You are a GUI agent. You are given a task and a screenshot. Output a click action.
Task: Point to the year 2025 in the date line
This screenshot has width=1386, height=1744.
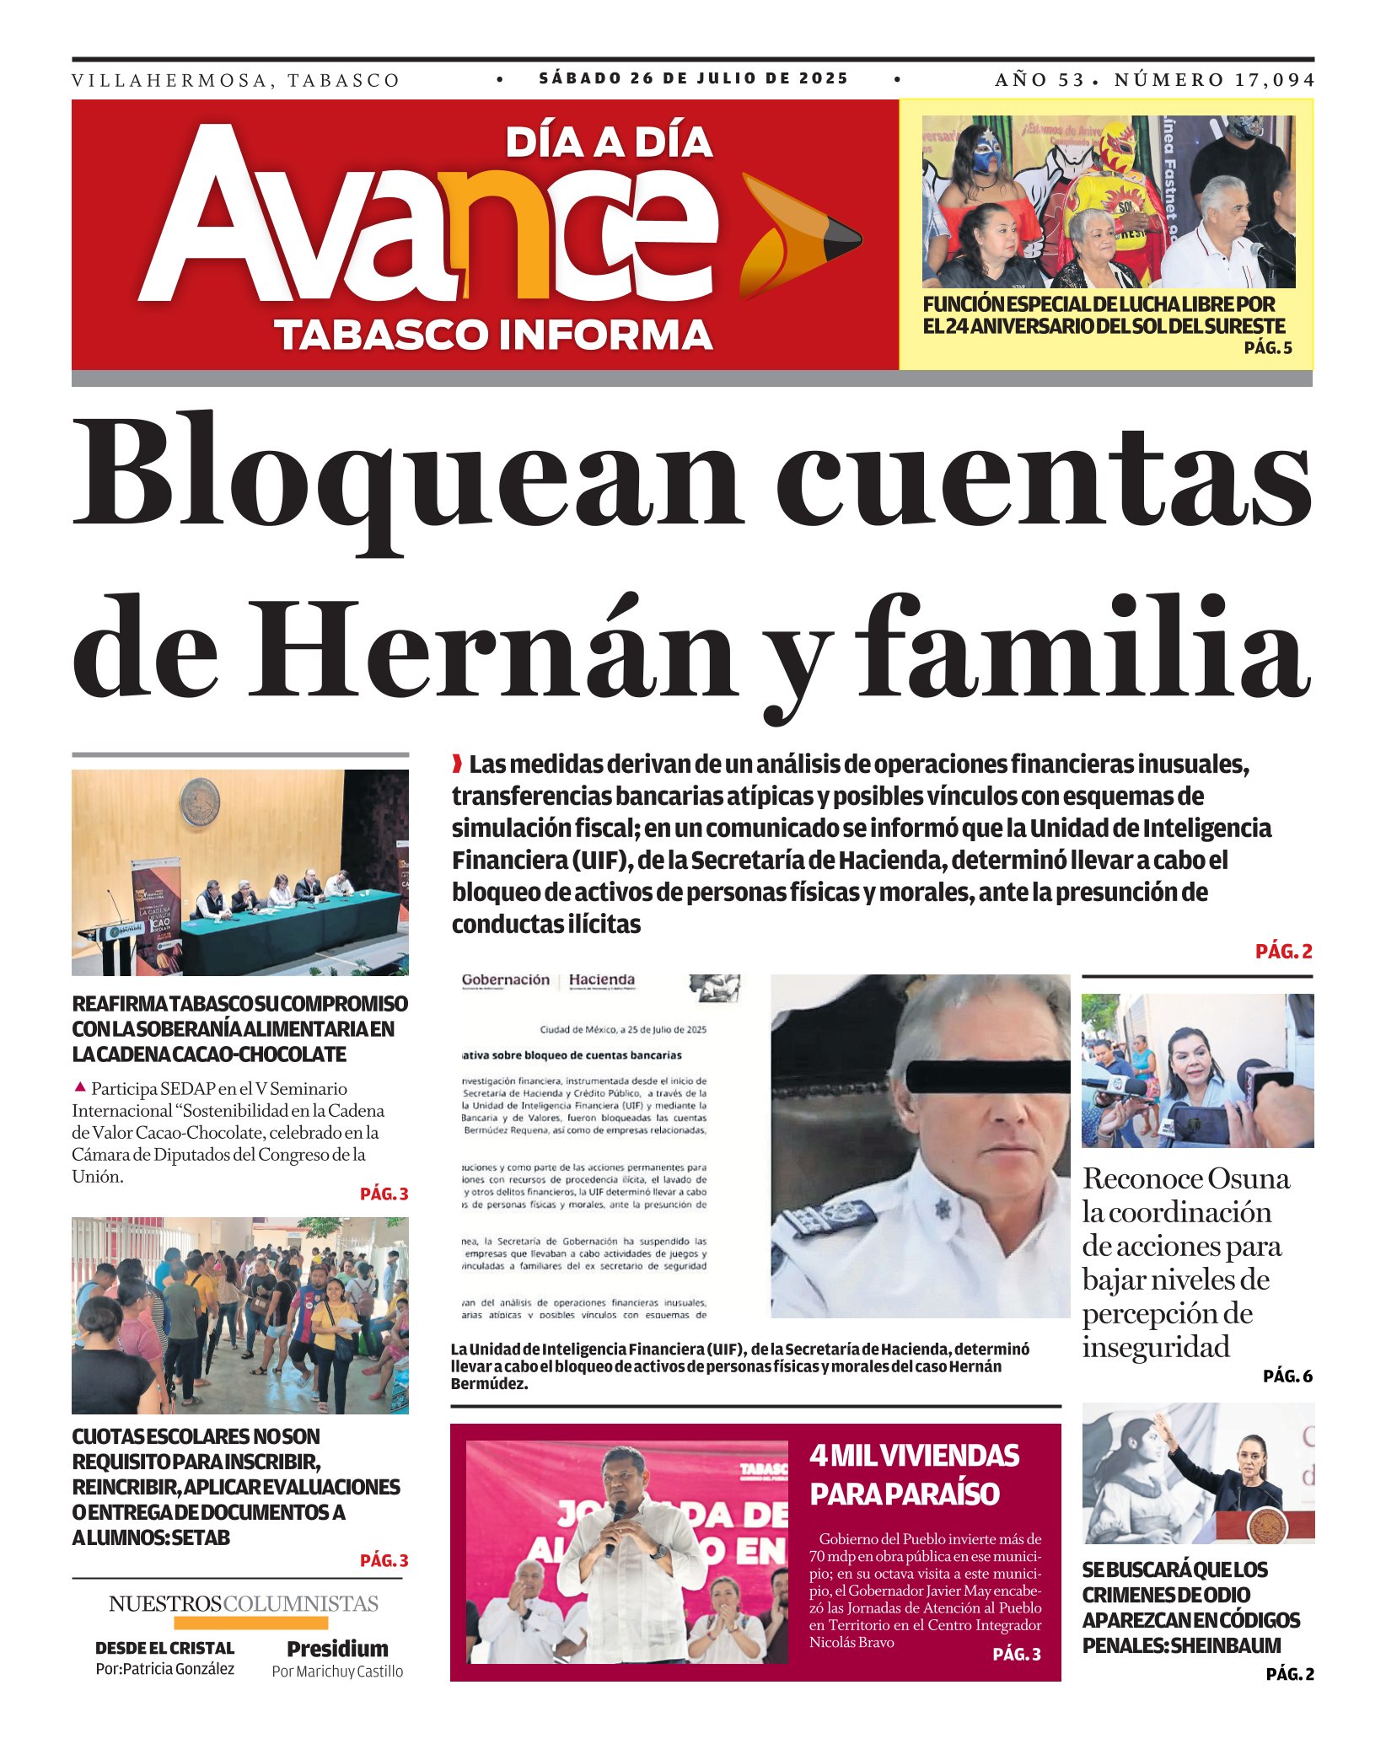(x=824, y=78)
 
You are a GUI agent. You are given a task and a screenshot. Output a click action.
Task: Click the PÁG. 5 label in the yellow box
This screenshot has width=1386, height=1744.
(x=1267, y=348)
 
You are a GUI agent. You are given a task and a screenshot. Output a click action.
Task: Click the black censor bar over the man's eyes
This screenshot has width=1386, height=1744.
(x=987, y=1076)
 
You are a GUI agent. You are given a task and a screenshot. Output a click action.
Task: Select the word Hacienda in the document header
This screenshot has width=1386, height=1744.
(x=601, y=979)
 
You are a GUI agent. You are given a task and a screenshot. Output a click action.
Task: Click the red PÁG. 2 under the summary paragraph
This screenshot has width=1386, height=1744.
(x=1283, y=952)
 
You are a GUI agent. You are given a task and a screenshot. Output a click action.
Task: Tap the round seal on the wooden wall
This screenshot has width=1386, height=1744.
(x=201, y=802)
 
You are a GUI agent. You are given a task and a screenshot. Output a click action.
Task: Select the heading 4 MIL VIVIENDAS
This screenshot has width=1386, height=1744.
(x=914, y=1456)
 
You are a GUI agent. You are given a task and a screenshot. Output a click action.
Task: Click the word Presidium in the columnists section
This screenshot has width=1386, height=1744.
(x=337, y=1649)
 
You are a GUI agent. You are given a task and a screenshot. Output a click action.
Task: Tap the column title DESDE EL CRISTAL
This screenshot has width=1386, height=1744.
(x=164, y=1648)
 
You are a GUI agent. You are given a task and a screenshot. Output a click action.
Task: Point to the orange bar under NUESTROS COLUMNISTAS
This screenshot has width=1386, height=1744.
(x=250, y=1623)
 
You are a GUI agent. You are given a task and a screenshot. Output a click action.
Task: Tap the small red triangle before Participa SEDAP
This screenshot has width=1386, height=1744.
(x=80, y=1087)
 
